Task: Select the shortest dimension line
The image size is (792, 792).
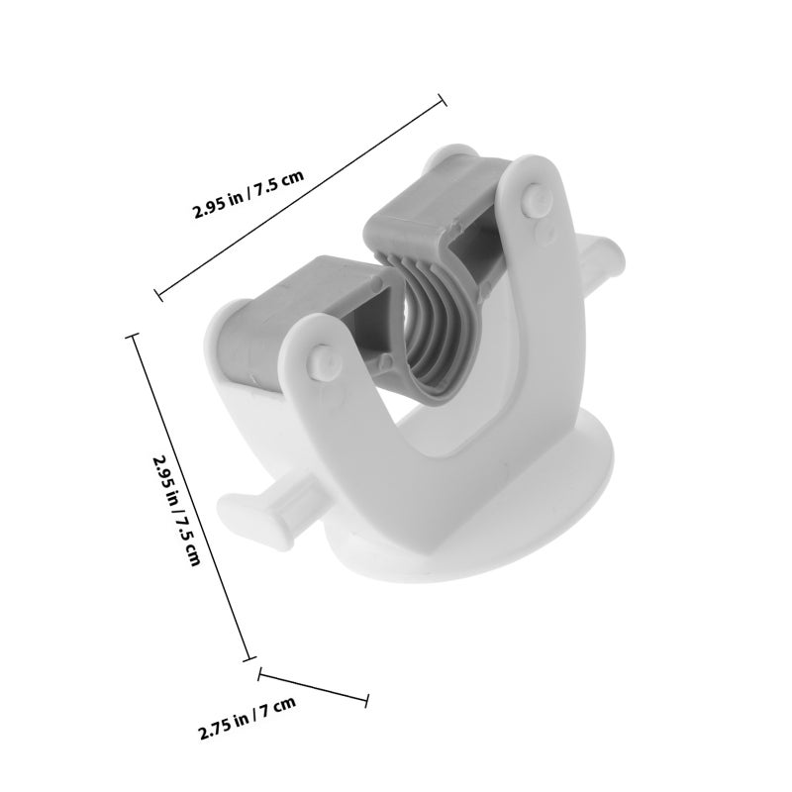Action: tap(313, 687)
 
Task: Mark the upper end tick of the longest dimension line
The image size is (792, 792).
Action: tap(442, 100)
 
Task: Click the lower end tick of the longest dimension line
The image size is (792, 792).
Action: tap(158, 294)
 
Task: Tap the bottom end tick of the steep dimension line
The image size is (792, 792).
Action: tap(249, 658)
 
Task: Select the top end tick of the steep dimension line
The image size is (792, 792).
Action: tap(133, 336)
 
